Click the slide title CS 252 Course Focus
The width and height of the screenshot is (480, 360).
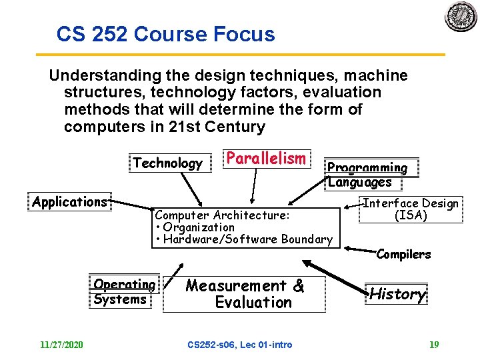pyautogui.click(x=165, y=34)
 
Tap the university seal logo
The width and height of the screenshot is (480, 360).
pyautogui.click(x=461, y=17)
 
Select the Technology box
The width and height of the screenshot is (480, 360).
pyautogui.click(x=167, y=163)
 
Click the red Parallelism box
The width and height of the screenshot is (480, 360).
pyautogui.click(x=266, y=159)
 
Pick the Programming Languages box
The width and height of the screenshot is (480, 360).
pyautogui.click(x=367, y=175)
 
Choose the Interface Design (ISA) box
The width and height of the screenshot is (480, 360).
pyautogui.click(x=410, y=209)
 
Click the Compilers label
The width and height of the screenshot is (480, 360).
pyautogui.click(x=403, y=254)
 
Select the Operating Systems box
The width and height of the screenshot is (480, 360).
pyautogui.click(x=124, y=292)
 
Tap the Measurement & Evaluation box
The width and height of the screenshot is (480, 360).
pyautogui.click(x=245, y=294)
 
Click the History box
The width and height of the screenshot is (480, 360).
pyautogui.click(x=397, y=293)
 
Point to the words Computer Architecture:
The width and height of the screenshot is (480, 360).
pyautogui.click(x=222, y=215)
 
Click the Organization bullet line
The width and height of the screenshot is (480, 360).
pyautogui.click(x=195, y=227)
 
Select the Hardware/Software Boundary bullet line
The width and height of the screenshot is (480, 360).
pyautogui.click(x=243, y=239)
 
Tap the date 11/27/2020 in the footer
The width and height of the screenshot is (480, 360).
pyautogui.click(x=61, y=345)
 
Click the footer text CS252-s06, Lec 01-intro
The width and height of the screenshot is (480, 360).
pyautogui.click(x=240, y=345)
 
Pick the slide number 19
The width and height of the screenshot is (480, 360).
pyautogui.click(x=434, y=345)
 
